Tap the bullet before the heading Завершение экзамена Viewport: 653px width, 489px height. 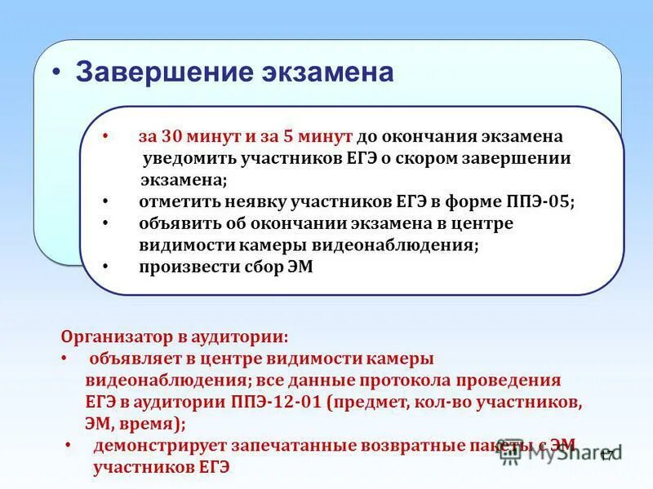pyautogui.click(x=56, y=73)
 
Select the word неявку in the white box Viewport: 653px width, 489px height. pyautogui.click(x=268, y=201)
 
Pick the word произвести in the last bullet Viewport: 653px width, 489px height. pyautogui.click(x=181, y=267)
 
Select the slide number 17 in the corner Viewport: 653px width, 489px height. pyautogui.click(x=606, y=456)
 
